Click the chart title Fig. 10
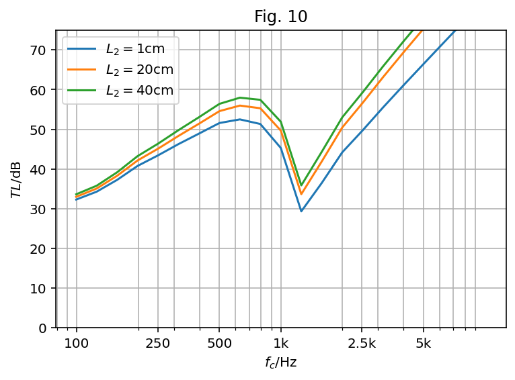click(280, 17)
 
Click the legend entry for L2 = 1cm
click(135, 48)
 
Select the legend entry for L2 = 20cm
click(138, 69)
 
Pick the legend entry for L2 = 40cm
click(138, 90)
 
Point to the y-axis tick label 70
click(38, 50)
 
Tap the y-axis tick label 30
click(38, 209)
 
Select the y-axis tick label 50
click(38, 130)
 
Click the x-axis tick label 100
click(76, 344)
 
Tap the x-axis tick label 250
click(158, 344)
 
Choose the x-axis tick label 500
click(219, 344)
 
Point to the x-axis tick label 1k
click(281, 344)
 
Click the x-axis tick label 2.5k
click(362, 344)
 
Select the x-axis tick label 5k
click(423, 344)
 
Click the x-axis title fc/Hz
click(280, 363)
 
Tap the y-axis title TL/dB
click(15, 179)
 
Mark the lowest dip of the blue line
click(301, 211)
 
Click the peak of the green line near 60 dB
click(240, 97)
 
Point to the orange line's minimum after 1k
click(301, 194)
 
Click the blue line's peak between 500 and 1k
click(240, 119)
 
